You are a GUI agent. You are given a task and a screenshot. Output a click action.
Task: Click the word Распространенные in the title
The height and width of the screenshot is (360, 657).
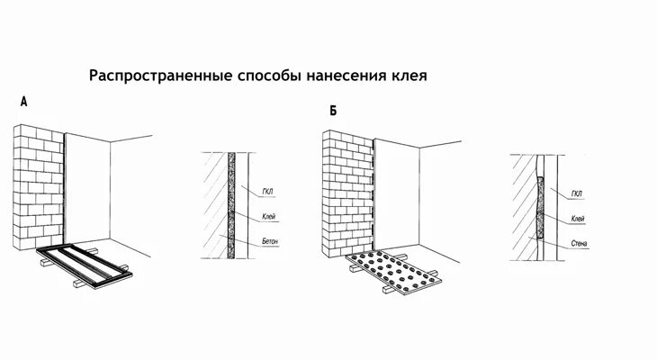154,76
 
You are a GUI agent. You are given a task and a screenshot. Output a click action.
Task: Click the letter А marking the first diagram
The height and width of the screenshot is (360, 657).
23,103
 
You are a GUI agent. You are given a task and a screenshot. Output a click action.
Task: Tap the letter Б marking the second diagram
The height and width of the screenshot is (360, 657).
333,111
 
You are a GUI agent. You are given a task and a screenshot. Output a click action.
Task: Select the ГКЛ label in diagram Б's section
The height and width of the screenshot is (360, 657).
577,193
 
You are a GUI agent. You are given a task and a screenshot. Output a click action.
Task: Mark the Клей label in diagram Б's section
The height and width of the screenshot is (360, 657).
578,219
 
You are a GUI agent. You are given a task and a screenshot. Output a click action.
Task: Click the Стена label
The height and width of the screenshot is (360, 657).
579,243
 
